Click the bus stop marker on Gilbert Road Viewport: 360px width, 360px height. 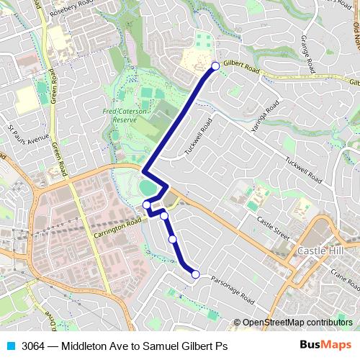coord(215,66)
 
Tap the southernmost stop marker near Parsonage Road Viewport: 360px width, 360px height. coord(195,273)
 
